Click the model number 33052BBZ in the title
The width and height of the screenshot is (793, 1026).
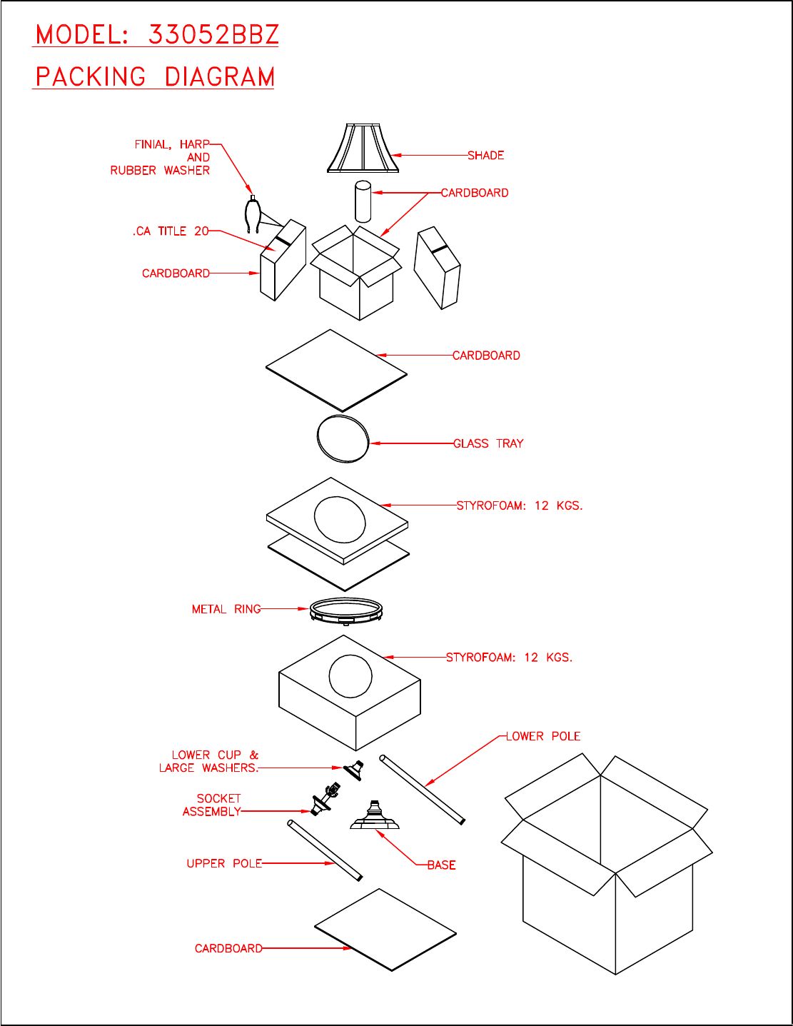click(x=213, y=34)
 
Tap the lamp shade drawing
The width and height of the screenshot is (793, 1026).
click(x=362, y=149)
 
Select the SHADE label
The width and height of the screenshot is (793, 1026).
click(x=485, y=156)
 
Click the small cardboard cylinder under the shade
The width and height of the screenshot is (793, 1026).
click(x=363, y=201)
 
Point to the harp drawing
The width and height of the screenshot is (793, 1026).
click(x=251, y=216)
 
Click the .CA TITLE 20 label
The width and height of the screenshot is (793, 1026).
click(x=171, y=231)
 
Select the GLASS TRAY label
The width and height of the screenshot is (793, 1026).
click(x=488, y=443)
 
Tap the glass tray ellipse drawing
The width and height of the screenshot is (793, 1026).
click(x=343, y=438)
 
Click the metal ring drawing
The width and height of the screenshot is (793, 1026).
click(x=346, y=610)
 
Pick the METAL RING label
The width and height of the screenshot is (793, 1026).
click(x=226, y=609)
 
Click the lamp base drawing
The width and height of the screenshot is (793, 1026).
click(x=374, y=817)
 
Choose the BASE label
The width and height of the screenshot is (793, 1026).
click(x=441, y=865)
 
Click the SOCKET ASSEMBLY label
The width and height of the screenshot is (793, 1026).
click(x=213, y=805)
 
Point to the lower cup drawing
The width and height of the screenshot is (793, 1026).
click(x=353, y=770)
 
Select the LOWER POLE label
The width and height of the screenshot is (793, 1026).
click(x=543, y=736)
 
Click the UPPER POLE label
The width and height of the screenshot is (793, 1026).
click(x=224, y=863)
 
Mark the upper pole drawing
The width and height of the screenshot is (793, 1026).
click(x=325, y=851)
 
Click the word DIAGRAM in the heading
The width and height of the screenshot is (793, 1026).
click(x=220, y=77)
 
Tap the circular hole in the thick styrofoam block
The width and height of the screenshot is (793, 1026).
click(x=350, y=675)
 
